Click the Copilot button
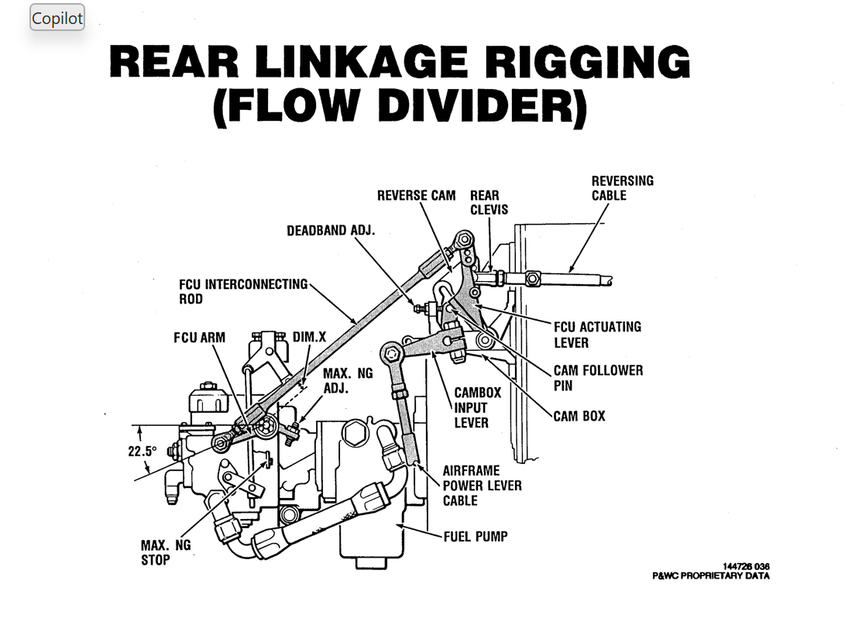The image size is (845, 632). pos(57,18)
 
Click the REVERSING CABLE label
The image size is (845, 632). pos(622,188)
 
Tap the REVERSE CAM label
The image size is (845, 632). pos(416,196)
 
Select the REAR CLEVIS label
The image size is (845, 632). pos(489,203)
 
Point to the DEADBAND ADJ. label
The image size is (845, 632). pos(331,232)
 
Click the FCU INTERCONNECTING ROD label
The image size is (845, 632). pos(243,292)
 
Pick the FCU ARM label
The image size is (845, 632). pos(199,338)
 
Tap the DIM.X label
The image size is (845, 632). pos(309,338)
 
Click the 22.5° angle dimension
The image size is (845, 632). pos(143,451)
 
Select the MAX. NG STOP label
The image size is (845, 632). pos(165,552)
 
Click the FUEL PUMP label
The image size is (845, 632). pos(475,536)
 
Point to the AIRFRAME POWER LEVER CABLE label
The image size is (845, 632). pos(482,486)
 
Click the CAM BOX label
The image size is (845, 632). pos(579,416)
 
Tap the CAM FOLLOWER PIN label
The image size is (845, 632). pos(597,378)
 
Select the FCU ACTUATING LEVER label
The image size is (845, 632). pos(596,335)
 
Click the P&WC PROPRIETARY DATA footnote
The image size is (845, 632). pos(710,576)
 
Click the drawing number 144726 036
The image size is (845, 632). pos(746,567)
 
